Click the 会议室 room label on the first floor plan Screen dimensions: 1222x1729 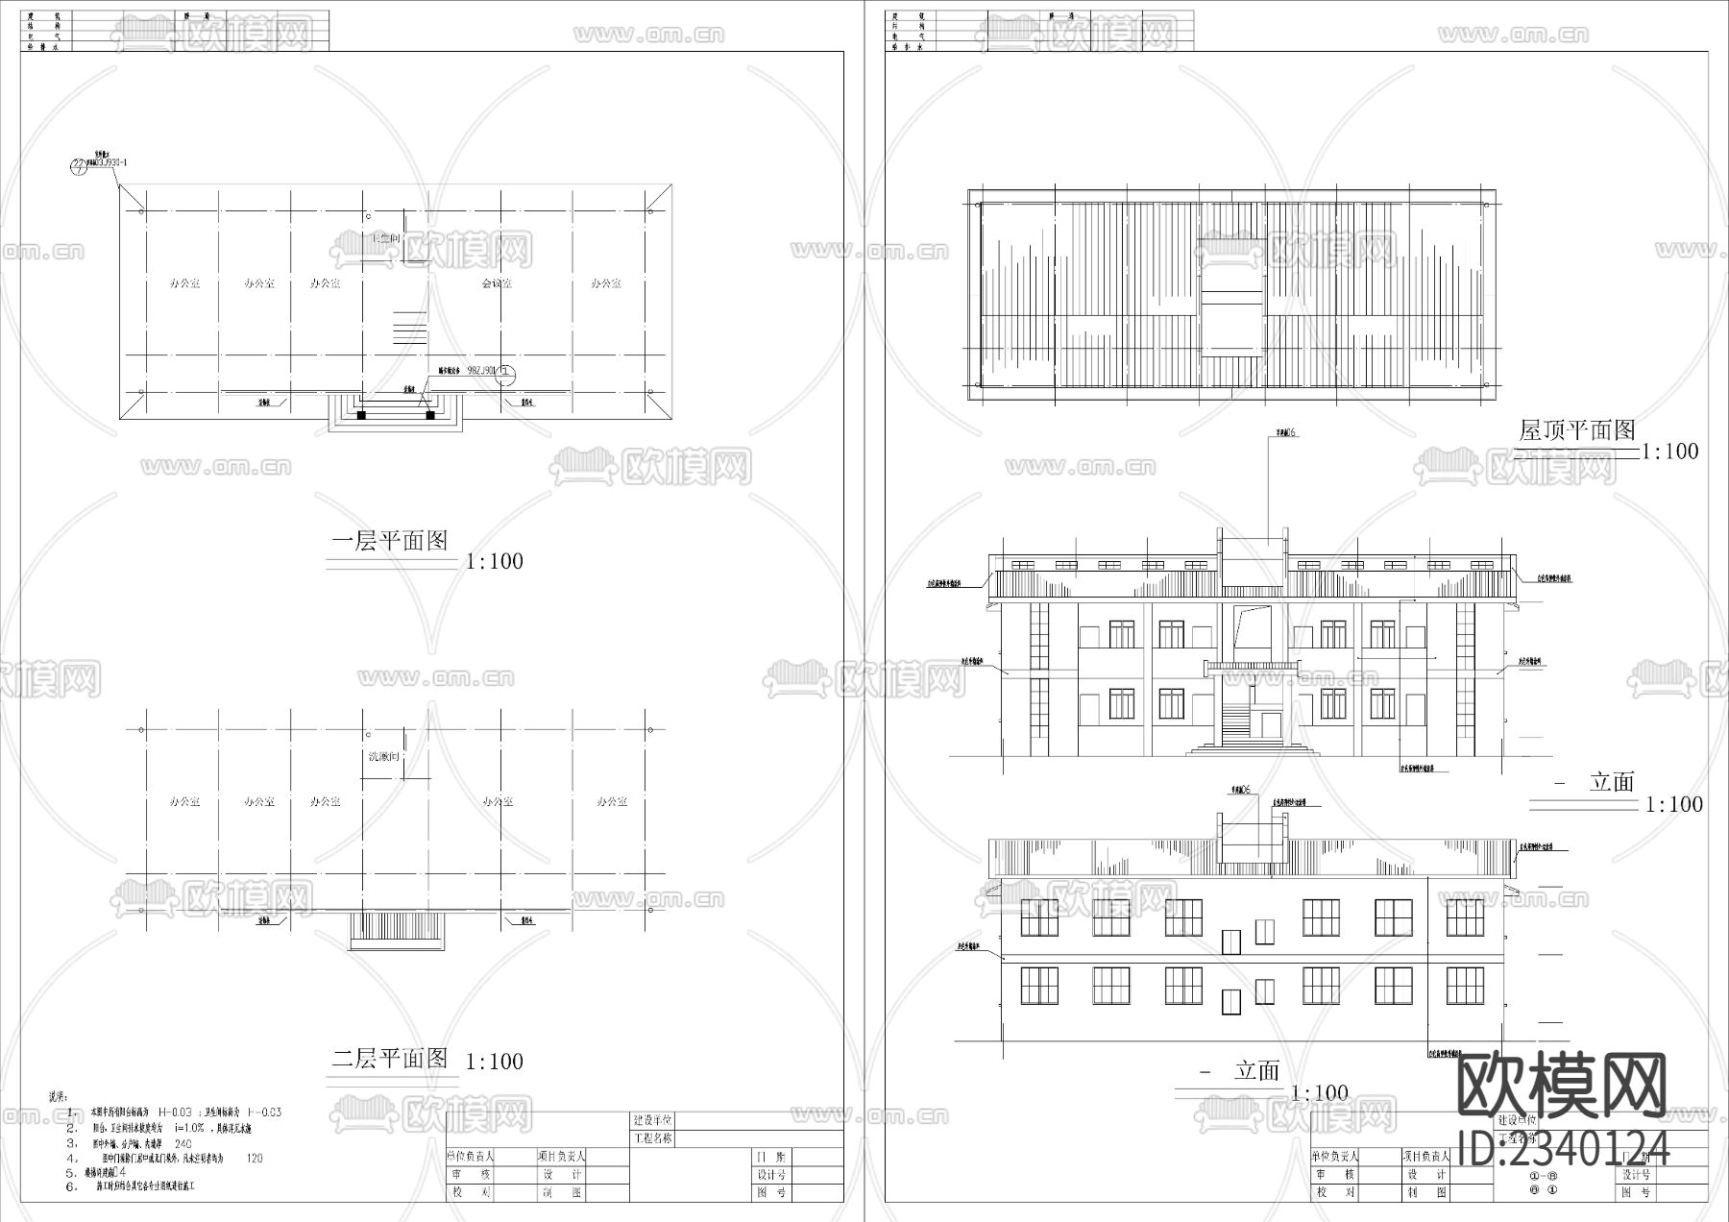pos(496,283)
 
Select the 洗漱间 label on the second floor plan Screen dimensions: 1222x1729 pos(383,757)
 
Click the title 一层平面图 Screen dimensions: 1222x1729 pos(390,541)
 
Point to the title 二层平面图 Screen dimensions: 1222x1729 pos(390,1059)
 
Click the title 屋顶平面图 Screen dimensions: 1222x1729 pos(1576,430)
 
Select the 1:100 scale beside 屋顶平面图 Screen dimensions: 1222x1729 pos(1669,451)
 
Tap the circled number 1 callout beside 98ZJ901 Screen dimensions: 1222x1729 pos(506,376)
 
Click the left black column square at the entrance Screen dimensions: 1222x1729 pos(362,415)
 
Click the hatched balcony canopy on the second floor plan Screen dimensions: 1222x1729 pos(398,929)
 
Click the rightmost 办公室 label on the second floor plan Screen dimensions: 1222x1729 pos(611,801)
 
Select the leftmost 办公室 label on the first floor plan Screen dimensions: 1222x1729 pos(184,283)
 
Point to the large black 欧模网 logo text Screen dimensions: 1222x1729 pos(1562,1087)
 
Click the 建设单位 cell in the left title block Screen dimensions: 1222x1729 pos(653,1120)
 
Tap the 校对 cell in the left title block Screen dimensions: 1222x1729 pos(471,1192)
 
